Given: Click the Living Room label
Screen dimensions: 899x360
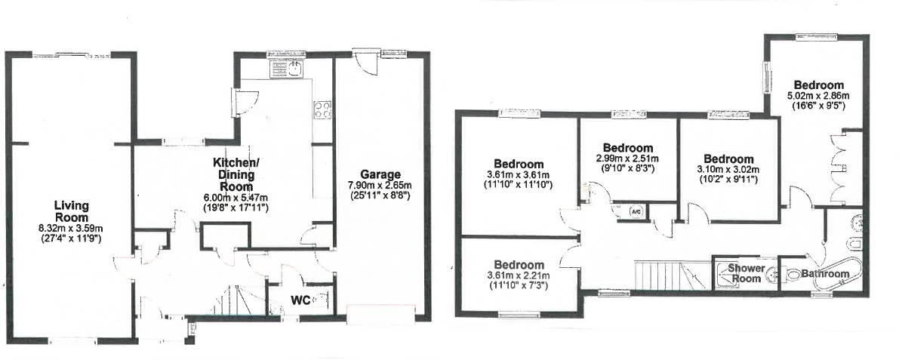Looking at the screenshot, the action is pyautogui.click(x=72, y=211).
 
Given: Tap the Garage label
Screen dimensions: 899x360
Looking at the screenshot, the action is pyautogui.click(x=380, y=174).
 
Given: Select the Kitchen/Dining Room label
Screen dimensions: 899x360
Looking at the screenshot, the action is pyautogui.click(x=235, y=174).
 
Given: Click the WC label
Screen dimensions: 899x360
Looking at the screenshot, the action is pyautogui.click(x=300, y=300).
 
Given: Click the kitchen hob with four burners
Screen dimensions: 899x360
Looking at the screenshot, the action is pyautogui.click(x=322, y=109).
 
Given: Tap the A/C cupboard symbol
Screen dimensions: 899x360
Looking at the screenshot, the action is pyautogui.click(x=636, y=212).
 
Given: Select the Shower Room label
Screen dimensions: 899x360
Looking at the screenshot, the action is pyautogui.click(x=745, y=273).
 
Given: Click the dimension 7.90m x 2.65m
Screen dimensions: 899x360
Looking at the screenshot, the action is pyautogui.click(x=380, y=185).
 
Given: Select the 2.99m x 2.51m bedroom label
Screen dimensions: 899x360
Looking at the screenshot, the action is pyautogui.click(x=628, y=148).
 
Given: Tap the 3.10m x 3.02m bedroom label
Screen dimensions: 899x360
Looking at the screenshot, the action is pyautogui.click(x=728, y=158).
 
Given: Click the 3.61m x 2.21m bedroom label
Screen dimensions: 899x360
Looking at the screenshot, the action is pyautogui.click(x=519, y=265).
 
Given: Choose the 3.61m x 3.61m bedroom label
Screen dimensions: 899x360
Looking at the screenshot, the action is pyautogui.click(x=519, y=164).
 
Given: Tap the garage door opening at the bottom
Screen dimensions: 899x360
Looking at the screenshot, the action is pyautogui.click(x=380, y=314).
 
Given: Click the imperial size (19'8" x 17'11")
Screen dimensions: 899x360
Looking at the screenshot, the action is pyautogui.click(x=236, y=207).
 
